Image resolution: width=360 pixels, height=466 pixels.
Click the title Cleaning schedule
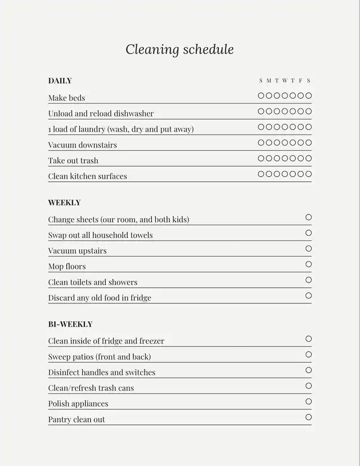179,50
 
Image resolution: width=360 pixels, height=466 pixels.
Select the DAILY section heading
60,81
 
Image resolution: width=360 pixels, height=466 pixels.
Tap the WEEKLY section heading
64,203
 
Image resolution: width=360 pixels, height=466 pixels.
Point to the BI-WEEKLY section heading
70,324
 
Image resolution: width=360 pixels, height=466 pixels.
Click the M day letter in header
269,81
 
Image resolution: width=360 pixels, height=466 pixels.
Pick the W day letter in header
285,81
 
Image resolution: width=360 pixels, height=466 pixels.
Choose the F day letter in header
300,81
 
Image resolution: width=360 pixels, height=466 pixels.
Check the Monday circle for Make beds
269,96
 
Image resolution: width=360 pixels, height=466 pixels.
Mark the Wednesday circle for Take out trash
285,159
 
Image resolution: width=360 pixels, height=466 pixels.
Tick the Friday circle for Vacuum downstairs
300,143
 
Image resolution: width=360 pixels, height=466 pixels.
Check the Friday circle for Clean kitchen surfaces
300,174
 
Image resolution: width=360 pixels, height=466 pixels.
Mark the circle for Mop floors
308,265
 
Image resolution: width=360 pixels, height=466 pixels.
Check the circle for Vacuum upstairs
308,249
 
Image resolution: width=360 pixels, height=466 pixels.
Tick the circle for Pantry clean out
308,417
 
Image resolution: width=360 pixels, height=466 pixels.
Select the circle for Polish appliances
308,401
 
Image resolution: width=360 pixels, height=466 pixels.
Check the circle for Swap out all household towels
308,233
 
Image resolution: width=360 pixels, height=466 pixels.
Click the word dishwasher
134,114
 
